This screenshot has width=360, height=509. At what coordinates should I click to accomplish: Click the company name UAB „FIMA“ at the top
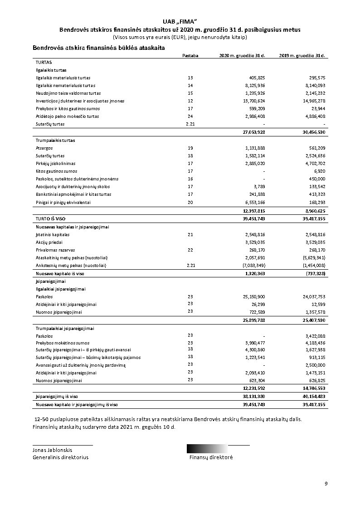pos(180,22)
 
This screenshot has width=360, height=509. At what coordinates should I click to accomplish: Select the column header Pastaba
pos(190,56)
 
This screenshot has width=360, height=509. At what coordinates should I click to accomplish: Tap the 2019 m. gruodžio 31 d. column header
pos(302,56)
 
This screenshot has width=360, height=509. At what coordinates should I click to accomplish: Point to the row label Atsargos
pos(44,148)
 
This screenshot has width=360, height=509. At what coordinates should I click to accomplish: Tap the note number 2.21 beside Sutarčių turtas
pos(190,124)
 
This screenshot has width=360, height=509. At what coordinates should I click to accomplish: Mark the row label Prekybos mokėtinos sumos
pos(63,343)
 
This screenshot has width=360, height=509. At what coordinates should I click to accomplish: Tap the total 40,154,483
pos(313,396)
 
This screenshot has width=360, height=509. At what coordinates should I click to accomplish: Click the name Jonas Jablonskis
pos(52,450)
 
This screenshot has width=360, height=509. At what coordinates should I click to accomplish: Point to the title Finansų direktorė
pos(211,457)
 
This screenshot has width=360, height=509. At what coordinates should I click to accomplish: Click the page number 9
pos(326,484)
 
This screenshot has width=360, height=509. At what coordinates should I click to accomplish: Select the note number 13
pos(190,78)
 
